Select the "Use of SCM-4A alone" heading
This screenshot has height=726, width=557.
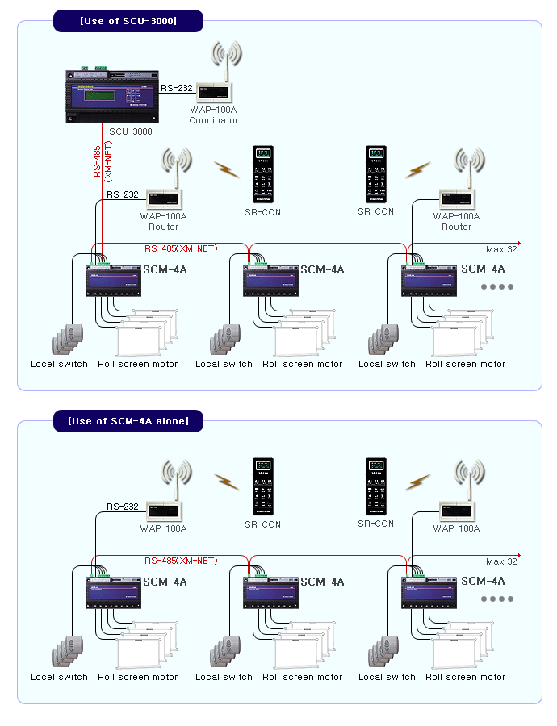click(x=128, y=421)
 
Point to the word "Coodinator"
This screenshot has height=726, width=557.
click(x=214, y=120)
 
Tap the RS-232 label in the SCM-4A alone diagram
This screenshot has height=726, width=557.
click(x=123, y=507)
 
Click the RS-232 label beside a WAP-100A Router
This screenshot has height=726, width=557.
click(x=123, y=194)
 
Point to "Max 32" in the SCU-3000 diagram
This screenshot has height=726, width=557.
click(x=501, y=249)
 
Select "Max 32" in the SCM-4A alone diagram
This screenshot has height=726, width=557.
click(x=501, y=561)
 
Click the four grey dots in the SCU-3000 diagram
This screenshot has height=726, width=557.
click(x=497, y=286)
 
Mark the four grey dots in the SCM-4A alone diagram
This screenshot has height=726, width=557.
click(x=497, y=599)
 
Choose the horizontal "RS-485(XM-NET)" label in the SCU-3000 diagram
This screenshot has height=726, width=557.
click(x=181, y=248)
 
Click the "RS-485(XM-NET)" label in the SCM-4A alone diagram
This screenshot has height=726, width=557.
click(x=181, y=561)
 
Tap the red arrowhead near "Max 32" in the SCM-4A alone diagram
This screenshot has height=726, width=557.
click(x=518, y=555)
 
